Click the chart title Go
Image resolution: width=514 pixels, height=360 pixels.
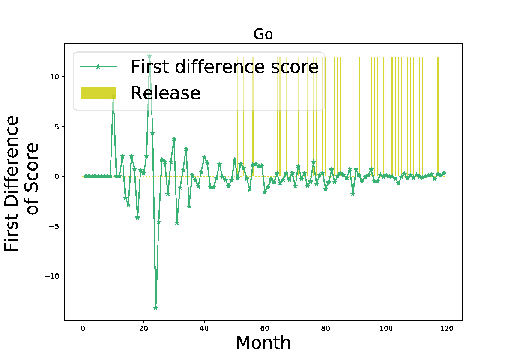[x=263, y=34]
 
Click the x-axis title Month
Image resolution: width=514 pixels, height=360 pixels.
[x=263, y=343]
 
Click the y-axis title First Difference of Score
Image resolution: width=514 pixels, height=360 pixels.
[x=21, y=183]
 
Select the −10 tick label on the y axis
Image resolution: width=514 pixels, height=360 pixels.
[x=52, y=276]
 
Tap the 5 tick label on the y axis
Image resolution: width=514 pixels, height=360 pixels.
[x=57, y=126]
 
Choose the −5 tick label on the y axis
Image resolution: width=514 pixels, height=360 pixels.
[x=54, y=226]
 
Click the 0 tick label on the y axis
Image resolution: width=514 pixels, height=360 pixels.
[x=57, y=177]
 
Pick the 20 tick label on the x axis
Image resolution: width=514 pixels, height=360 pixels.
[x=143, y=329]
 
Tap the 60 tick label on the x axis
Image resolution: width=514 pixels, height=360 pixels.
[x=265, y=329]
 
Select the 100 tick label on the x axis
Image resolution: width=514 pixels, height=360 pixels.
[x=386, y=329]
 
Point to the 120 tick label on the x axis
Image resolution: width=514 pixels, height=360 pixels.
[x=447, y=329]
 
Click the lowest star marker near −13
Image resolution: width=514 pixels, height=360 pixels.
[x=155, y=308]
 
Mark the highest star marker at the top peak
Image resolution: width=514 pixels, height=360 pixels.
[x=149, y=56]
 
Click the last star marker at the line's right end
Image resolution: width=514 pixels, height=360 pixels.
[x=444, y=173]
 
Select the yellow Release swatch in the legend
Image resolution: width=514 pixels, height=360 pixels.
[x=98, y=93]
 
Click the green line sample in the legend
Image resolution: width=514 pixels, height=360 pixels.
[x=98, y=66]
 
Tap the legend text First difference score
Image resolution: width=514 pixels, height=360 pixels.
[x=224, y=67]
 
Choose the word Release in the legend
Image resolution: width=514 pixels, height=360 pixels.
[x=165, y=93]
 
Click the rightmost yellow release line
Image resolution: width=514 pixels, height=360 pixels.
[x=438, y=117]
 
